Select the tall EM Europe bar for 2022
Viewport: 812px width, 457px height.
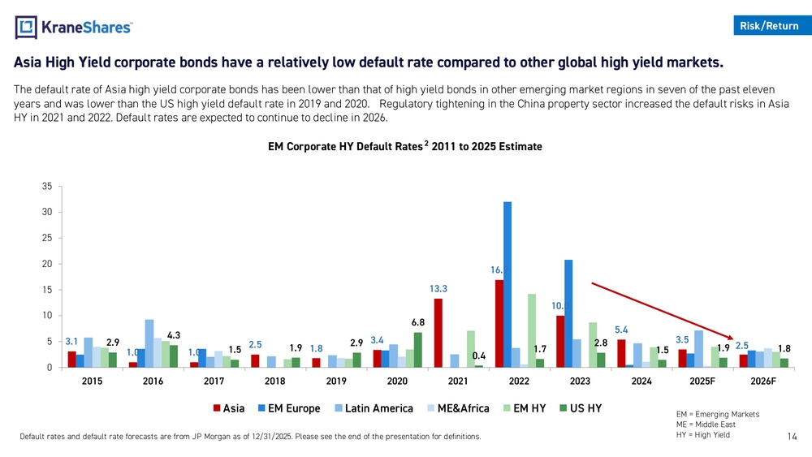[508, 284]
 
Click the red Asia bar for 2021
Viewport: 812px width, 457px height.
[438, 333]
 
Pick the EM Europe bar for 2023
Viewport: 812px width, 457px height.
[568, 313]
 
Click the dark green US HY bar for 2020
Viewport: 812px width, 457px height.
[418, 350]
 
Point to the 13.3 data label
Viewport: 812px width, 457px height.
[438, 288]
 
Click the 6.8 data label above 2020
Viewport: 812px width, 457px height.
[418, 322]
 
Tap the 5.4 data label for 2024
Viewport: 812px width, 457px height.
[622, 330]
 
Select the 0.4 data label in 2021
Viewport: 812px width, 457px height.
[479, 356]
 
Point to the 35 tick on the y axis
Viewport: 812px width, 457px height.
[47, 187]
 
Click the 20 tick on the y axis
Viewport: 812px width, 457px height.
[47, 264]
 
